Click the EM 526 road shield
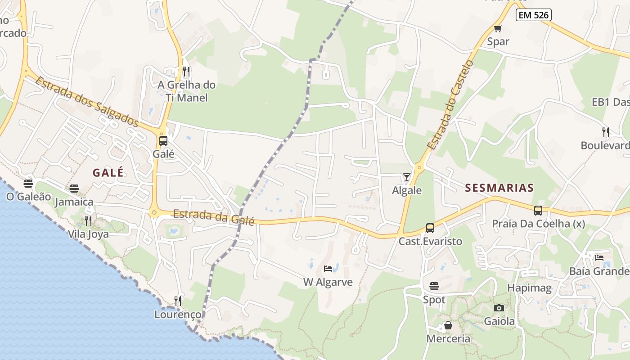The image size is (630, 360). pyautogui.click(x=533, y=15)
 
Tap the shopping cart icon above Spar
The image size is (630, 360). pyautogui.click(x=498, y=29)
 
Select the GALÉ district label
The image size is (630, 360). pyautogui.click(x=108, y=172)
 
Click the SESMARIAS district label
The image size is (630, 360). pyautogui.click(x=499, y=188)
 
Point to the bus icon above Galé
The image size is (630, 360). pyautogui.click(x=163, y=141)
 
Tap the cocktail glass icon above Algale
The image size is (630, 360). pyautogui.click(x=407, y=177)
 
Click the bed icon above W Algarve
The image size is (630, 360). pyautogui.click(x=328, y=269)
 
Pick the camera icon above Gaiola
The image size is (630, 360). pyautogui.click(x=499, y=308)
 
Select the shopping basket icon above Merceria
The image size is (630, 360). pyautogui.click(x=448, y=325)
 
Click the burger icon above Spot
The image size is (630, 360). pyautogui.click(x=434, y=286)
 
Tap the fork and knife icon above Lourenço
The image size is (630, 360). pyautogui.click(x=178, y=301)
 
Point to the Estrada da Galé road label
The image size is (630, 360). pyautogui.click(x=214, y=217)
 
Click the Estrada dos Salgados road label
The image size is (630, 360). pyautogui.click(x=86, y=101)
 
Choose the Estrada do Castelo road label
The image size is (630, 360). pyautogui.click(x=450, y=104)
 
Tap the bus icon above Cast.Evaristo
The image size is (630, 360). pyautogui.click(x=430, y=228)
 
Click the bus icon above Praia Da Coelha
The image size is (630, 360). pyautogui.click(x=538, y=210)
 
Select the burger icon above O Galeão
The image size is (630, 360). pyautogui.click(x=28, y=184)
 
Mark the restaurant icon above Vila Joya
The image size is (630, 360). pyautogui.click(x=88, y=221)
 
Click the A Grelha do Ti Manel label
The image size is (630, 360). pyautogui.click(x=187, y=91)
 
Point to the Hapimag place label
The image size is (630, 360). pyautogui.click(x=529, y=288)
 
